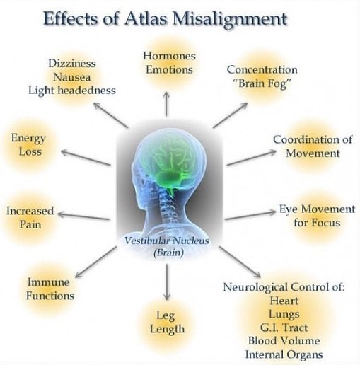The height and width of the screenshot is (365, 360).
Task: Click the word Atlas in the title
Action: (145, 18)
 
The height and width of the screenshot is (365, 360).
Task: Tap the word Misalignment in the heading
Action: (230, 20)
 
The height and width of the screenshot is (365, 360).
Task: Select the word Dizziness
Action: (72, 64)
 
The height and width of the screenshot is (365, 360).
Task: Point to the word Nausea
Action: (72, 77)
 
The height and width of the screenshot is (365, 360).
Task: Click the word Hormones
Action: (170, 56)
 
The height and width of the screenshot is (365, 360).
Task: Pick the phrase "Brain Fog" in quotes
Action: (262, 83)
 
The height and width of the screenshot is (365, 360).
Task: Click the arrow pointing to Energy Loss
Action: (86, 158)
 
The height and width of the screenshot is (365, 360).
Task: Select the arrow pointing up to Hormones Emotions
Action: (166, 104)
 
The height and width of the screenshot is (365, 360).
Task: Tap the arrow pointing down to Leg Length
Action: (167, 282)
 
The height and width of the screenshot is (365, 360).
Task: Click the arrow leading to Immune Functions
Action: (96, 262)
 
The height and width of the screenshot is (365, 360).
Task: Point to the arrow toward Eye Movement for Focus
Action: (250, 215)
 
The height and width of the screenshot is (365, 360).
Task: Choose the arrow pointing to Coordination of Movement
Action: (251, 158)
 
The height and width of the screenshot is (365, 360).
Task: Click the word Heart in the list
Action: (284, 301)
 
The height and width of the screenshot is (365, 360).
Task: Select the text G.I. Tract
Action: (284, 328)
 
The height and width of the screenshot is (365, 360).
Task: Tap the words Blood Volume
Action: (284, 341)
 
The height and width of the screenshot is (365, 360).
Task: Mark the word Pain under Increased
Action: (30, 224)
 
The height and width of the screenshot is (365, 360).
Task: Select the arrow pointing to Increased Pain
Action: (83, 216)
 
